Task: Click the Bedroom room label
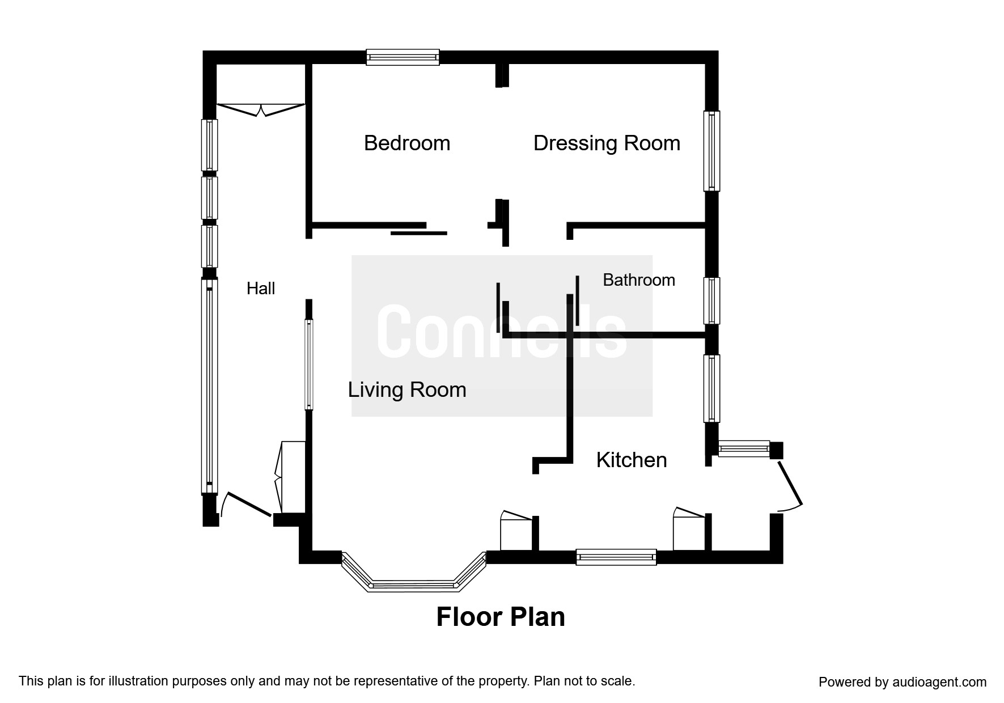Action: [407, 143]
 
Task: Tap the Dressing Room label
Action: [607, 143]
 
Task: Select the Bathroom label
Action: [639, 280]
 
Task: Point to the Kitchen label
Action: [632, 460]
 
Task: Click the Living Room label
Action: [407, 390]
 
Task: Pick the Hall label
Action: [261, 289]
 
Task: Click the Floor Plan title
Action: [501, 617]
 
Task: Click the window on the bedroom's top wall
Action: [403, 57]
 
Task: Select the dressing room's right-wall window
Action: [711, 151]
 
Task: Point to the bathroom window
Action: [711, 300]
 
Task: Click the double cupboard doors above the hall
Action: [261, 109]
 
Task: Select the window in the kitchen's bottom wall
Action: [616, 557]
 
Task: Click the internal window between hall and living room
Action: [309, 365]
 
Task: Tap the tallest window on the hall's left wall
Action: [209, 386]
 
